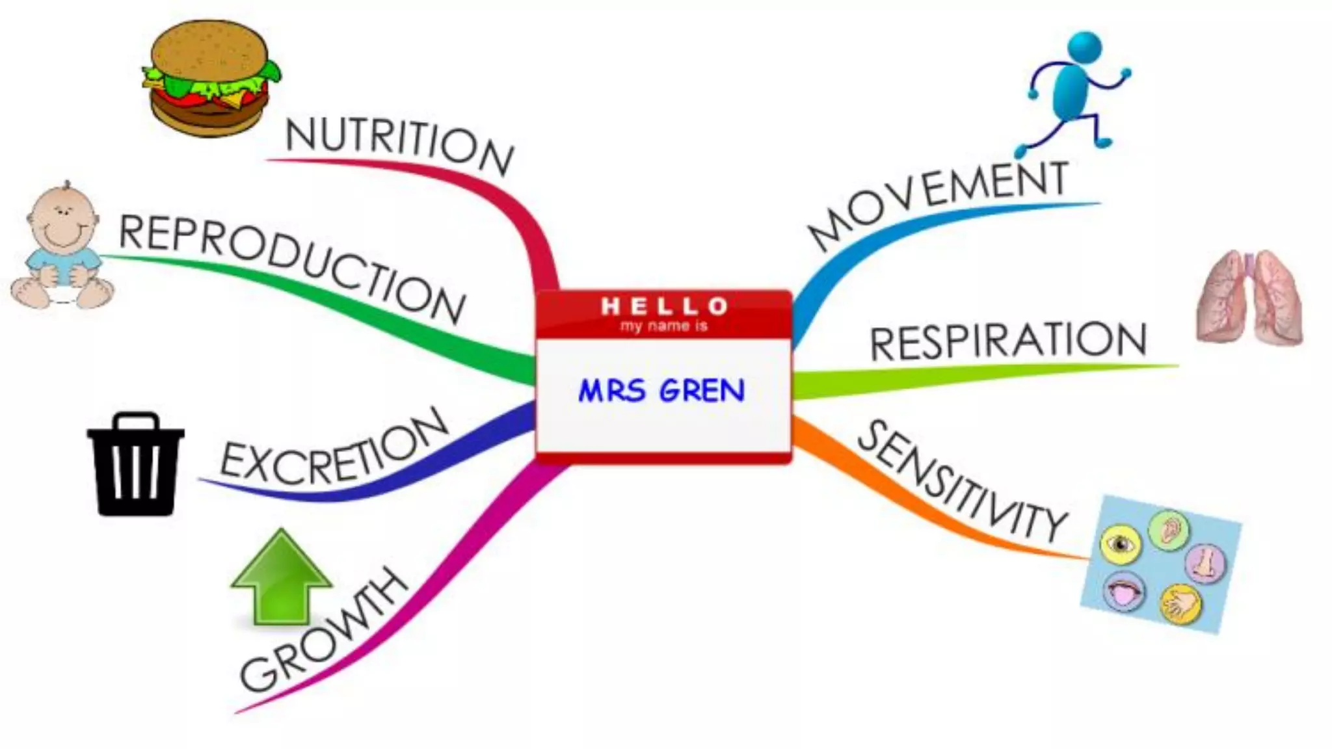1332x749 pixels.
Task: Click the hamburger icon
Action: (210, 78)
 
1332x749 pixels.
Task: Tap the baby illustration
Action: (61, 247)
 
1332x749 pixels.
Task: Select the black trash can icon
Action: (135, 464)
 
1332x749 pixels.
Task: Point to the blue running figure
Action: (1073, 91)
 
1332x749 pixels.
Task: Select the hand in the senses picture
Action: (1180, 604)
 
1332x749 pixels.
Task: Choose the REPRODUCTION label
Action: (293, 267)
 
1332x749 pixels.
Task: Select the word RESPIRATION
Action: (1008, 341)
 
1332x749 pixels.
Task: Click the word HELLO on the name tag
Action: (663, 305)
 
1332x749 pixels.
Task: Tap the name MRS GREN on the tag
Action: (662, 391)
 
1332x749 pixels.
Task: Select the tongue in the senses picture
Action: (1125, 591)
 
